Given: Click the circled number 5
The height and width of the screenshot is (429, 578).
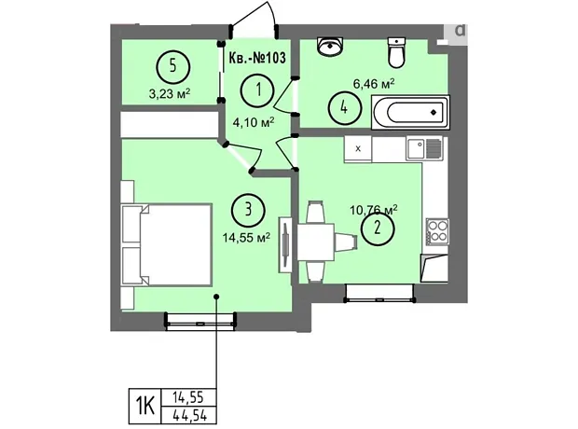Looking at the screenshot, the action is coord(173,67).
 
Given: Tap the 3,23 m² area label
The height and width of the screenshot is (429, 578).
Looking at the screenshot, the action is coord(170,93).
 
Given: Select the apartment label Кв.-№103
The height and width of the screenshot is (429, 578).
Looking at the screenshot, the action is coord(257,58).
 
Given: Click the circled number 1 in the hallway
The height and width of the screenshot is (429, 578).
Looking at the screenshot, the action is coord(257,90).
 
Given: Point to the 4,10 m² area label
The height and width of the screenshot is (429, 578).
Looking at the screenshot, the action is coord(254,122).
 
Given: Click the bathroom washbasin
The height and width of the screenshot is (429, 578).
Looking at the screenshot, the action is coord(330,47).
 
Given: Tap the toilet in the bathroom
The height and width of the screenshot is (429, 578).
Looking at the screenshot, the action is coord(396,53).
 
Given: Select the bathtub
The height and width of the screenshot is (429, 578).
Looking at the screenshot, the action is coord(410,112).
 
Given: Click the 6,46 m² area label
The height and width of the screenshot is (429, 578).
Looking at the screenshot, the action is coord(374,83).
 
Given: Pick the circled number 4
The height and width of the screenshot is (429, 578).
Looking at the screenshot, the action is coord(344,108).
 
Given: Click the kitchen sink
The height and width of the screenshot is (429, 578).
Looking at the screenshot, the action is coord(424,148).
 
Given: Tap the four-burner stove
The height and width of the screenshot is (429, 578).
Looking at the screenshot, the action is coord(437,231).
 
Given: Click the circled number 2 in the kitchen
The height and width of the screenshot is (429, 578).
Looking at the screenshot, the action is coord(378,228).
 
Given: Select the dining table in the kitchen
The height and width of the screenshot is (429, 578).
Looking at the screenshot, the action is coord(315,242).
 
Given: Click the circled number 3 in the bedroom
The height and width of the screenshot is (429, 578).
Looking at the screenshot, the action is coord(248,210).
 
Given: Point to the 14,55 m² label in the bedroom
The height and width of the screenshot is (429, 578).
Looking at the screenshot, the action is coord(246,237).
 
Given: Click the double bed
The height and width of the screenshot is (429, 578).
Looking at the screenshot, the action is coord(167,244).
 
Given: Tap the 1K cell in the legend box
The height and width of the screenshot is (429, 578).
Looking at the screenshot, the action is coord(144,406).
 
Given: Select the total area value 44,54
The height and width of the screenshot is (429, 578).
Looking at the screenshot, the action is coord(189,416).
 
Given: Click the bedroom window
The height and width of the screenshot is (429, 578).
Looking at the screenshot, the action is coord(200,321).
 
